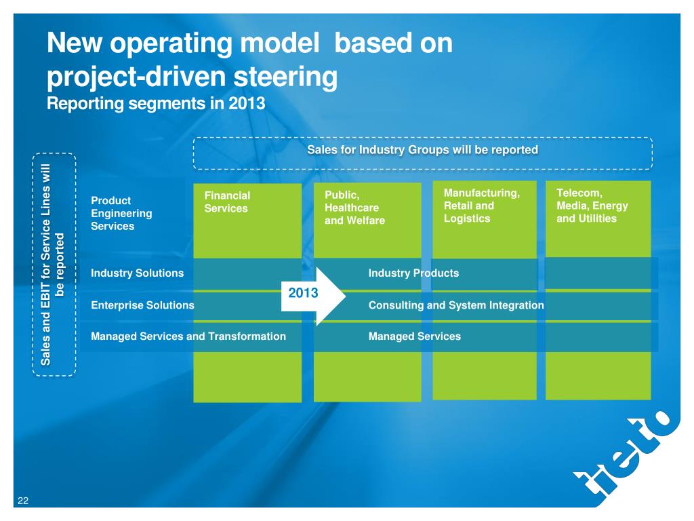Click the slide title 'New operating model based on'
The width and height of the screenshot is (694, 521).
point(249,45)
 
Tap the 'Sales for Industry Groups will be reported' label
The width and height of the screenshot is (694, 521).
point(422,149)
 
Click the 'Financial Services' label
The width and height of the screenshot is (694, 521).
point(227,202)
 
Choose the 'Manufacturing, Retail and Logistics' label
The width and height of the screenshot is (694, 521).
point(481,206)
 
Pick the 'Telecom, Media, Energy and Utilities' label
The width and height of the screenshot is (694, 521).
point(592,206)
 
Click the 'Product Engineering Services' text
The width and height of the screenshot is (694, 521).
point(121,213)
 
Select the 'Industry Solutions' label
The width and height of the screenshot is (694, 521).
point(137,273)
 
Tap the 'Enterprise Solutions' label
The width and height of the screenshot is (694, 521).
point(142,305)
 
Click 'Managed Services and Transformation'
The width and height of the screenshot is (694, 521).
point(188,336)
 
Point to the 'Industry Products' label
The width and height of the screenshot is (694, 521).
point(413,273)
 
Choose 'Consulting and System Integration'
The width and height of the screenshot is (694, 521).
point(456,305)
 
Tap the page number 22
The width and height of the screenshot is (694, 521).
point(23,501)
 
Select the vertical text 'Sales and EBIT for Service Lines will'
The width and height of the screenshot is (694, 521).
point(46,265)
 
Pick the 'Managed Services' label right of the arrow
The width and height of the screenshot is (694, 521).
point(414,336)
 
